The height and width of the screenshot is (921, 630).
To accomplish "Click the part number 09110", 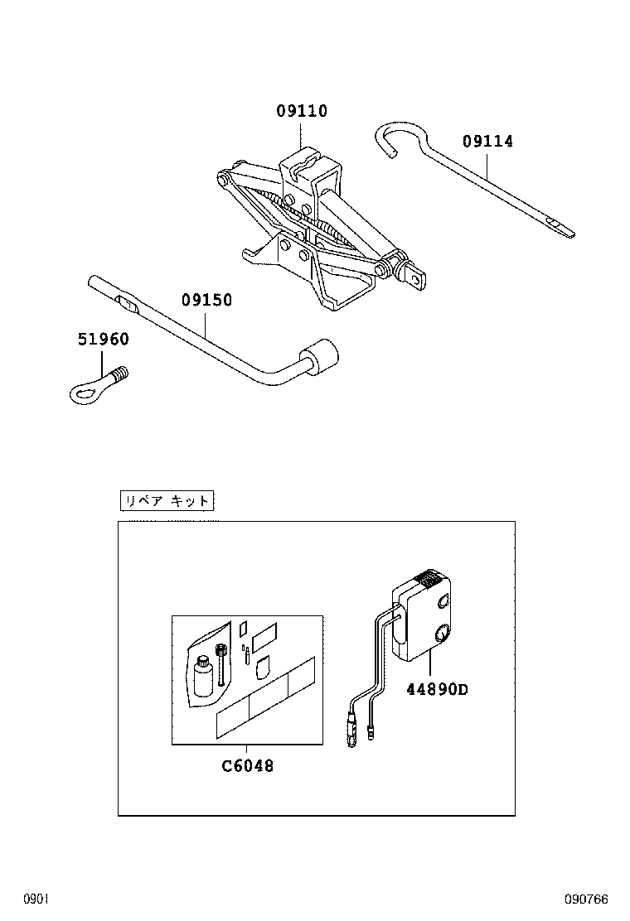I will [x=302, y=112].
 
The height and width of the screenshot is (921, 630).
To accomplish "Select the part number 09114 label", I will [x=487, y=142].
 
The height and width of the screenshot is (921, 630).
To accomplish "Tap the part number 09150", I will [x=206, y=301].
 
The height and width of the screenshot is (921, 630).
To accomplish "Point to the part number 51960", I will [x=104, y=339].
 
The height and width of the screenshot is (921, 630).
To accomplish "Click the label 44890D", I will [x=436, y=689].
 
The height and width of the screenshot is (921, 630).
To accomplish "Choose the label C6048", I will [x=247, y=766].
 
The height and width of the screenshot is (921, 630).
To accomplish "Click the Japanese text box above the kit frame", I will [x=167, y=500].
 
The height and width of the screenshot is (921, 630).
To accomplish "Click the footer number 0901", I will [x=37, y=899].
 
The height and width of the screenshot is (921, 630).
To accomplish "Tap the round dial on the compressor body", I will [x=442, y=636].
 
